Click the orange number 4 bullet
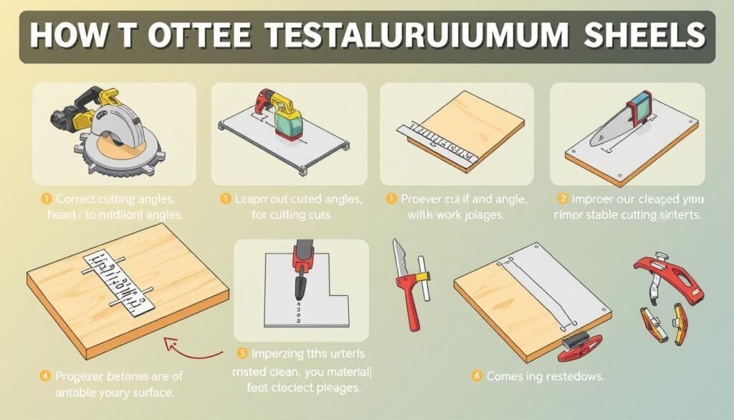(x=45, y=376)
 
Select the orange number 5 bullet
(x=241, y=353)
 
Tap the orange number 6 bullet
(x=477, y=375)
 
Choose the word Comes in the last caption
(x=506, y=375)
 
